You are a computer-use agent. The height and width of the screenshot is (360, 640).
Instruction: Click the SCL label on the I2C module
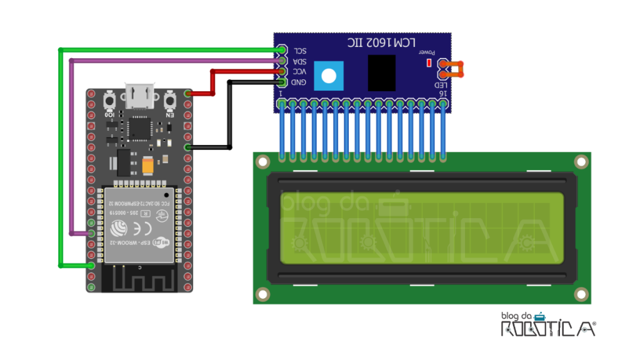300,51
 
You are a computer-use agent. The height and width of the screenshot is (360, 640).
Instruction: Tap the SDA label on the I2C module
300,62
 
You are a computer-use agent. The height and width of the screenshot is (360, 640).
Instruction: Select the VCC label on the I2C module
300,72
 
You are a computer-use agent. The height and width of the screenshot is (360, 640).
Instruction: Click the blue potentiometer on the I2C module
329,76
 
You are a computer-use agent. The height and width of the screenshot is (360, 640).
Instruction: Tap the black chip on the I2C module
381,72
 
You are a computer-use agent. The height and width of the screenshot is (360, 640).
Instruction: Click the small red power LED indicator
429,62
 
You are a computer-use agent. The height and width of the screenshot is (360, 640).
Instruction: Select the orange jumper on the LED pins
454,69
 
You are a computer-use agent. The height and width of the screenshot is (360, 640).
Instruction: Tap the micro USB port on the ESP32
140,96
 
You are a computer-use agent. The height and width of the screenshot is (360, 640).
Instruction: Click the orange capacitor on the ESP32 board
148,165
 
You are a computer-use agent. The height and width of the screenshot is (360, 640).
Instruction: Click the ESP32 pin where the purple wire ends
92,233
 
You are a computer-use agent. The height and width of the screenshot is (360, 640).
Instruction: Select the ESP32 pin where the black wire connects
188,147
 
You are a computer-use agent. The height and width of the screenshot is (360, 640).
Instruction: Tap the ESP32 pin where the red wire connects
188,94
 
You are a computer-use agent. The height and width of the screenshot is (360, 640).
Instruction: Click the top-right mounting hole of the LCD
581,162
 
